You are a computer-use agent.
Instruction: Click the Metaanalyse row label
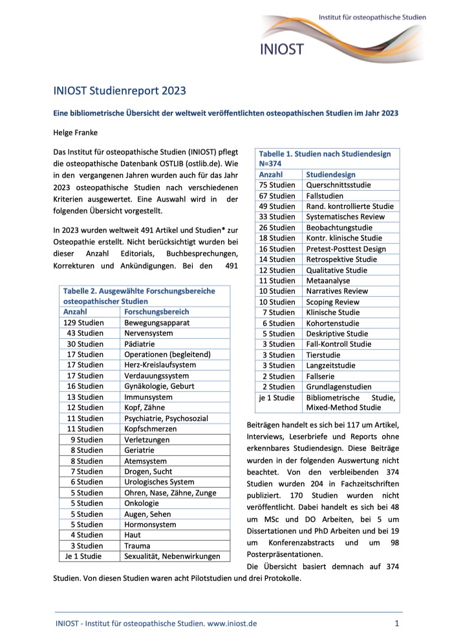tap(329, 281)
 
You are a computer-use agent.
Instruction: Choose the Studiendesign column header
tap(330, 175)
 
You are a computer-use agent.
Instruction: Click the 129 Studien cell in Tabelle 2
tap(84, 323)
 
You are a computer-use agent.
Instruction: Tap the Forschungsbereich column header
tap(156, 312)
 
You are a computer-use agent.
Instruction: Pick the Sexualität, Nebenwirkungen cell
tap(172, 556)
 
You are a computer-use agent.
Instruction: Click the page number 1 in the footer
tap(396, 624)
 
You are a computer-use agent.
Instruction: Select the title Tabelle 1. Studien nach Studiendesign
tap(325, 154)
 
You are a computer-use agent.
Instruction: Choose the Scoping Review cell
tap(334, 302)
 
